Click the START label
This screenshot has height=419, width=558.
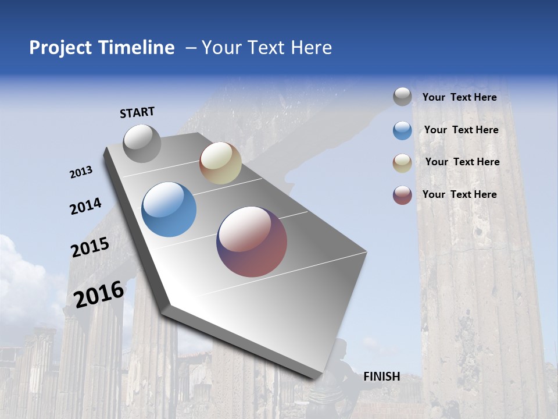[137, 112]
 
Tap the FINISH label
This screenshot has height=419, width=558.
[381, 377]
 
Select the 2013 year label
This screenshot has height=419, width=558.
[81, 172]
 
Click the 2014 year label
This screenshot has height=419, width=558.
[85, 207]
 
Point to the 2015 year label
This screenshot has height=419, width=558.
[90, 247]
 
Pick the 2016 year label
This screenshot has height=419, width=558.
[99, 294]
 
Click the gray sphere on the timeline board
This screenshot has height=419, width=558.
[142, 143]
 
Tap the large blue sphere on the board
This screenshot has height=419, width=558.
[169, 210]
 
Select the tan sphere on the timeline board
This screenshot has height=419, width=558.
[220, 163]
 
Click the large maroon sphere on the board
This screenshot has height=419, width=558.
[252, 242]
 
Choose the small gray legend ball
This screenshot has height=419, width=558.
[402, 97]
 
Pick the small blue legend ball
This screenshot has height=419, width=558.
[402, 130]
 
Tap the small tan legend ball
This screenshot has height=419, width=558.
[402, 163]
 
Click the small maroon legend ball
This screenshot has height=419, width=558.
[402, 195]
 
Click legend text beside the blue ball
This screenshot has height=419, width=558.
[461, 130]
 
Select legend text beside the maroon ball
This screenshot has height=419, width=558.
[459, 194]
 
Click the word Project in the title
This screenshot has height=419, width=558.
[61, 48]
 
